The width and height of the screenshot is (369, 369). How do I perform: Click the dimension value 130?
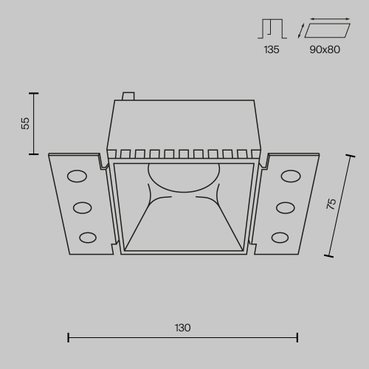[x=182, y=327]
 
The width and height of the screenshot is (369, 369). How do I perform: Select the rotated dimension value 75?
[x=331, y=204]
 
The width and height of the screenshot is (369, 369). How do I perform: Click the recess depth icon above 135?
[x=271, y=29]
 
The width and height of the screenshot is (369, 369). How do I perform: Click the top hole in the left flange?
[x=76, y=176]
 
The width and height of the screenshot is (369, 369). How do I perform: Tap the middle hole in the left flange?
[x=82, y=207]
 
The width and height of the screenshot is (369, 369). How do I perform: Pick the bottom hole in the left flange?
[x=87, y=237]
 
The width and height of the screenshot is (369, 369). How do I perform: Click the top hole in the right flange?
[x=290, y=176]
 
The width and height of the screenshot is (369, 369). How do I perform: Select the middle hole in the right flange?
[x=285, y=207]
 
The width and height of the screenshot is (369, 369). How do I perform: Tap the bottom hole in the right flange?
[x=280, y=237]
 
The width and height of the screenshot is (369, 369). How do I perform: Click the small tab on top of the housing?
[x=128, y=96]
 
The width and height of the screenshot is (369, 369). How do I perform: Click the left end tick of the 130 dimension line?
[x=69, y=338]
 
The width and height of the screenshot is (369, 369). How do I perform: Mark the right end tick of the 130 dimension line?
[x=297, y=338]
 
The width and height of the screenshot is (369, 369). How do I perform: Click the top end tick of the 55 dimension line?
[x=33, y=93]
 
